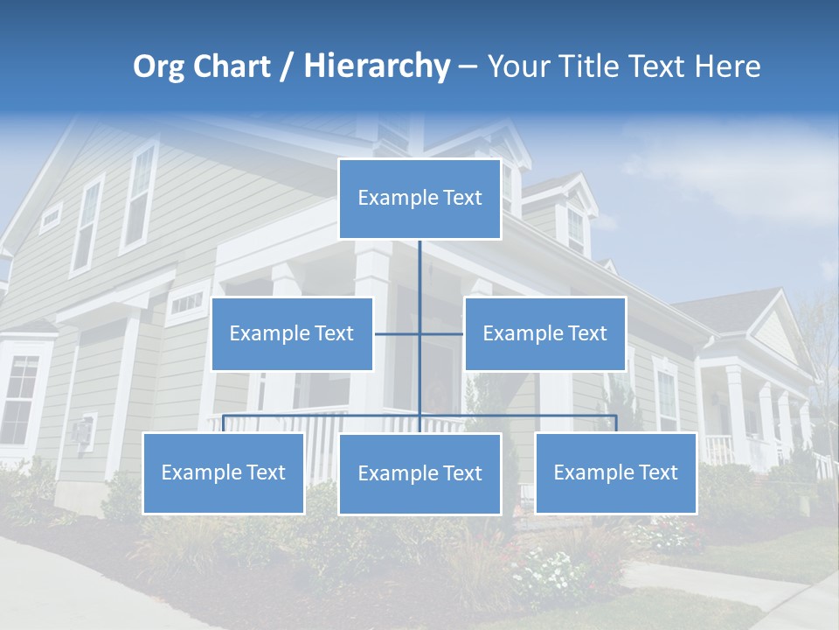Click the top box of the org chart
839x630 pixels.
pyautogui.click(x=419, y=199)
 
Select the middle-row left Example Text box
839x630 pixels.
pyautogui.click(x=292, y=333)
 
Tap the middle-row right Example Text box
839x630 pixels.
pyautogui.click(x=544, y=333)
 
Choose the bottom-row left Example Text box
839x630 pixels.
pyautogui.click(x=223, y=472)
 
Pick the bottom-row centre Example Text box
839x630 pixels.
pyautogui.click(x=419, y=473)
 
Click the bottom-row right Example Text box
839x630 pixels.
pyautogui.click(x=615, y=472)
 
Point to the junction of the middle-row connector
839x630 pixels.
pyautogui.click(x=419, y=333)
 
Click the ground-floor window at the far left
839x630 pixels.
pyautogui.click(x=19, y=398)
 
